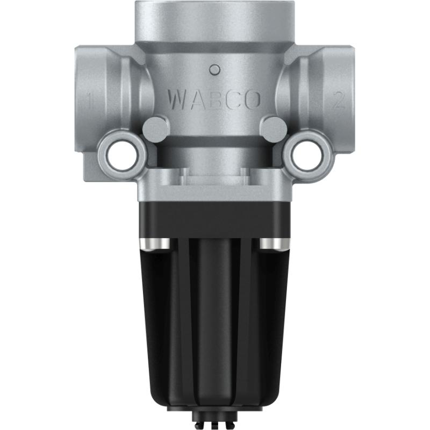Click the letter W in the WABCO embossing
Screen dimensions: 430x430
pyautogui.click(x=177, y=99)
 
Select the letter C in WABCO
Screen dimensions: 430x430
pyautogui.click(x=233, y=99)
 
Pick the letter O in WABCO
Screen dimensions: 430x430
pyautogui.click(x=252, y=99)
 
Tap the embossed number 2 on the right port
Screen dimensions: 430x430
pyautogui.click(x=338, y=101)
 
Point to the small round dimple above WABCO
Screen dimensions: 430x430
pyautogui.click(x=215, y=69)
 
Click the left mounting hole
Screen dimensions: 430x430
pyautogui.click(x=123, y=155)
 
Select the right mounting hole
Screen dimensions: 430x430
pyautogui.click(x=307, y=155)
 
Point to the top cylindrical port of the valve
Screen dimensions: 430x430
pyautogui.click(x=215, y=21)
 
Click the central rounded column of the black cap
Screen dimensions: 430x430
pyautogui.click(x=215, y=322)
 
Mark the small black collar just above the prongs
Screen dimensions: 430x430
pyautogui.click(x=215, y=417)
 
